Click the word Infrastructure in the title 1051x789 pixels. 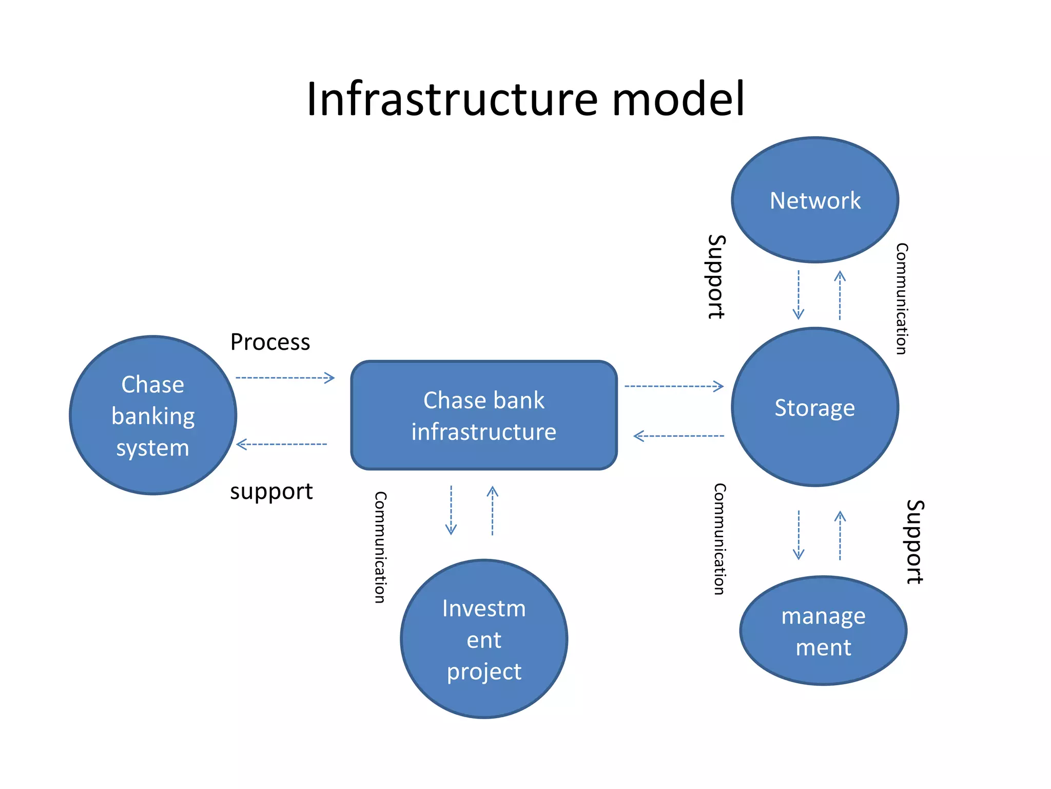coord(452,99)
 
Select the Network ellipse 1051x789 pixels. coord(814,200)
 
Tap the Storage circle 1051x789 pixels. coord(814,407)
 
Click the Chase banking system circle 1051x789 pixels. coord(153,416)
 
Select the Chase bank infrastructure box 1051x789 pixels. coord(483,415)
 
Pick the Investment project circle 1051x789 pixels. coord(483,639)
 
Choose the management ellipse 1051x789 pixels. coord(823,631)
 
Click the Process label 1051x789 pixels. coord(270,342)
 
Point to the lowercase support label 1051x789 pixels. coord(271,492)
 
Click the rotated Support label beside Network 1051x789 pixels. coord(716,277)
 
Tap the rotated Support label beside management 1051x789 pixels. coord(914,542)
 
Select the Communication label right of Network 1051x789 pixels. coord(902,298)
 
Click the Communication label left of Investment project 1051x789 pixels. coord(380,547)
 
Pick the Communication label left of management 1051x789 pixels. coord(719,539)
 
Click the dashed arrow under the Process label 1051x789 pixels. coord(285,378)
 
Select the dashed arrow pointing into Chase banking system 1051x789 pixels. coord(282,444)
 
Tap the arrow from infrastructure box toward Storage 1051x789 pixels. coord(674,386)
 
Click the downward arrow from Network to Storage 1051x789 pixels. coord(798,295)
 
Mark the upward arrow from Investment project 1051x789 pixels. coord(492,511)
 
